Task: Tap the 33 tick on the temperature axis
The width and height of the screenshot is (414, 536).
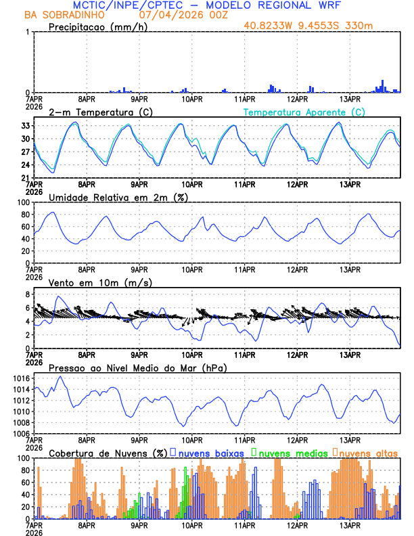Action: [24, 126]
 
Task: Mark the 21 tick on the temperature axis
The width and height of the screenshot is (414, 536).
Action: [24, 177]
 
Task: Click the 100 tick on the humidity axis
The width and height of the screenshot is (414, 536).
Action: [21, 203]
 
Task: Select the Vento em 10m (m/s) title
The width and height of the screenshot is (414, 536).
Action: [100, 282]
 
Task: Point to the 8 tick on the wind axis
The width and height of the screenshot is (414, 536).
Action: [26, 294]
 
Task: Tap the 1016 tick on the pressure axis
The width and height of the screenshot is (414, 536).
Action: [18, 378]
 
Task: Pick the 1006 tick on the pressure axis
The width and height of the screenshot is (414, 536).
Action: [18, 433]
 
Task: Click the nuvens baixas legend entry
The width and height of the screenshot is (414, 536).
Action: [210, 452]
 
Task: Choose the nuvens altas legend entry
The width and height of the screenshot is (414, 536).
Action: [368, 452]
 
